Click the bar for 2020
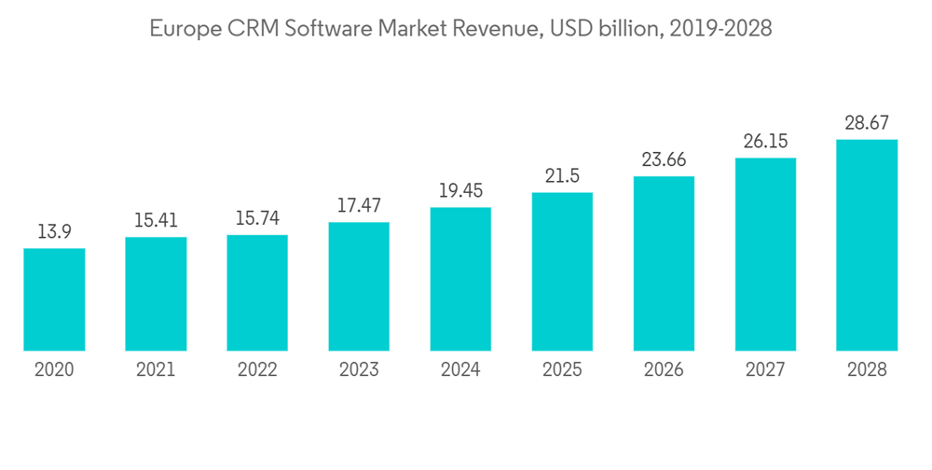(x=54, y=299)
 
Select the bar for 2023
(x=359, y=286)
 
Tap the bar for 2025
(x=562, y=271)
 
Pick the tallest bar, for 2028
(x=867, y=245)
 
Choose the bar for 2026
(x=664, y=263)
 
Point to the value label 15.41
(x=156, y=221)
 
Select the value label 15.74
(x=257, y=219)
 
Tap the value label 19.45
(x=460, y=191)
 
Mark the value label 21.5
(x=562, y=176)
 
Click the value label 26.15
(x=765, y=142)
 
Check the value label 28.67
(x=867, y=123)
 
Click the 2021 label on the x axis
(x=156, y=370)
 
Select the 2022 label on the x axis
(x=257, y=370)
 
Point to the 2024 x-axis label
(x=460, y=370)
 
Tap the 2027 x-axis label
(x=765, y=370)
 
